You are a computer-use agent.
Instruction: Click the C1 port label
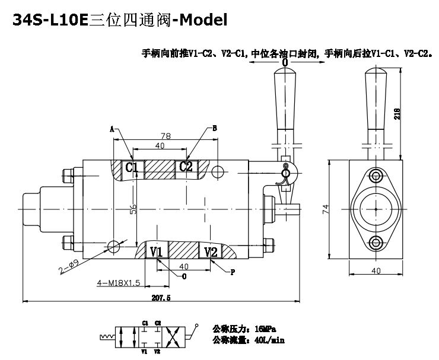(132, 167)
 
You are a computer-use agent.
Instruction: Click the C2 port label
(186, 167)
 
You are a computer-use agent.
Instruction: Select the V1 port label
(156, 252)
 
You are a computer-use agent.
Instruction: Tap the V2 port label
(210, 252)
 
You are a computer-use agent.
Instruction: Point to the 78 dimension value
(166, 136)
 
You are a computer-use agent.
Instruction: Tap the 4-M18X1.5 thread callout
(118, 283)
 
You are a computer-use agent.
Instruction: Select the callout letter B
(215, 128)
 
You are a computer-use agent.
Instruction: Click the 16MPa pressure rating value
(263, 329)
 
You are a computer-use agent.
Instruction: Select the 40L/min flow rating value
(268, 340)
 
